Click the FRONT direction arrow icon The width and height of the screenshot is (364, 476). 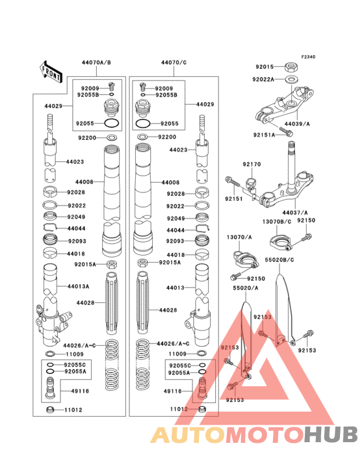coord(51,70)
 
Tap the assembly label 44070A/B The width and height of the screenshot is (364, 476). coord(96,62)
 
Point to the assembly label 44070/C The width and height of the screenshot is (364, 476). coord(174,62)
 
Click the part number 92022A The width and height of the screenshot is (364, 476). coord(263,79)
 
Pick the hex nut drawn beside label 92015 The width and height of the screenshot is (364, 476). coord(292,66)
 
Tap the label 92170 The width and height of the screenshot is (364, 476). coord(252,165)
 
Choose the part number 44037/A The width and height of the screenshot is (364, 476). coord(295,212)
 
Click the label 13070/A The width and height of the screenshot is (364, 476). coord(239,237)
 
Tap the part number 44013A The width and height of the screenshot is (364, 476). coord(79,285)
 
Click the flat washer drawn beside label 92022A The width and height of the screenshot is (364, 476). coord(291,79)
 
